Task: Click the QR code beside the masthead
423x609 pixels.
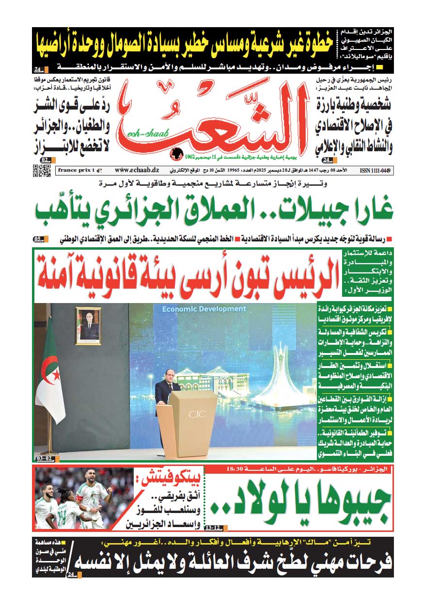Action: click(x=41, y=171)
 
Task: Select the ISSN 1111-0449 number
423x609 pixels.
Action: click(x=376, y=171)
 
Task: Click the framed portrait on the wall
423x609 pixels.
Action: click(x=89, y=326)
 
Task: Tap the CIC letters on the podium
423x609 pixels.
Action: click(x=196, y=415)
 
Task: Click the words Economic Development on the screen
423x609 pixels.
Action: click(x=204, y=309)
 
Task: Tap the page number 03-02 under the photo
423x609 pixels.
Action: click(x=44, y=458)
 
